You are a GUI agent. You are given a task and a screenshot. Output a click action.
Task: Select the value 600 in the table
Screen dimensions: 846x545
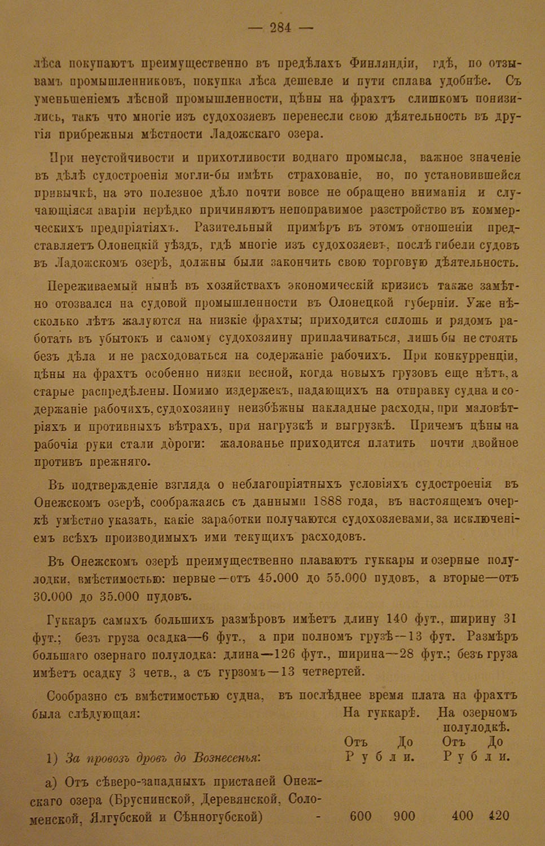(x=361, y=816)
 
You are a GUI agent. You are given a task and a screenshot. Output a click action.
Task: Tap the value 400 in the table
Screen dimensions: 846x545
(x=463, y=816)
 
